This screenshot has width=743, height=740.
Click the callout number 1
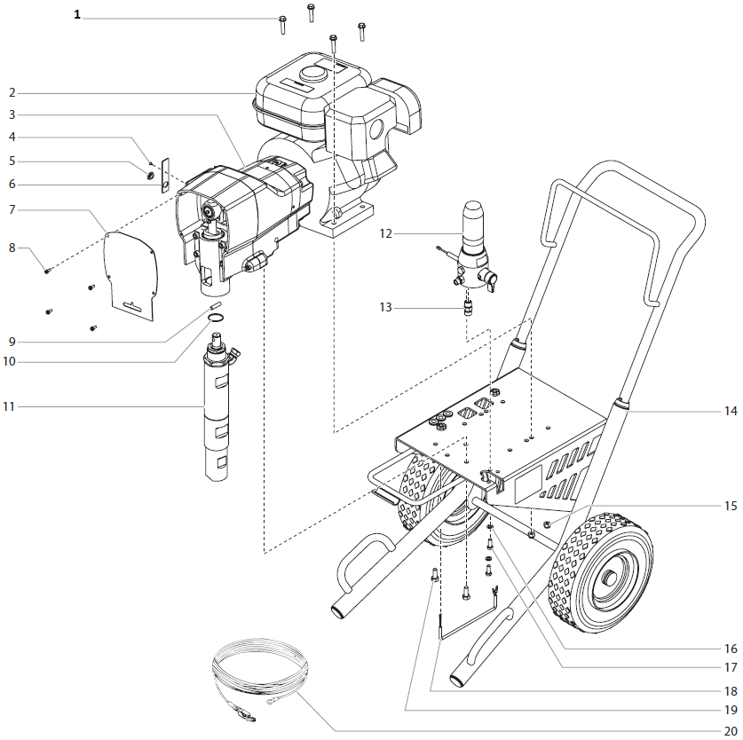76,15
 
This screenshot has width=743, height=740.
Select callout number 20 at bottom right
730,730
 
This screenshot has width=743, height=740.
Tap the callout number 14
730,411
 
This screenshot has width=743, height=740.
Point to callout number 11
9,406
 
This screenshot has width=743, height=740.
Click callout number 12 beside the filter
385,234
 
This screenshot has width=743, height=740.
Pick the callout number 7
12,209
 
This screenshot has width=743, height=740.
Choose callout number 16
730,649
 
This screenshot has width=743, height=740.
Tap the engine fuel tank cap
312,73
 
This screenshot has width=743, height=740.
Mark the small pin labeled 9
214,306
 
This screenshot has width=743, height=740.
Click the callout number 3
12,114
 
